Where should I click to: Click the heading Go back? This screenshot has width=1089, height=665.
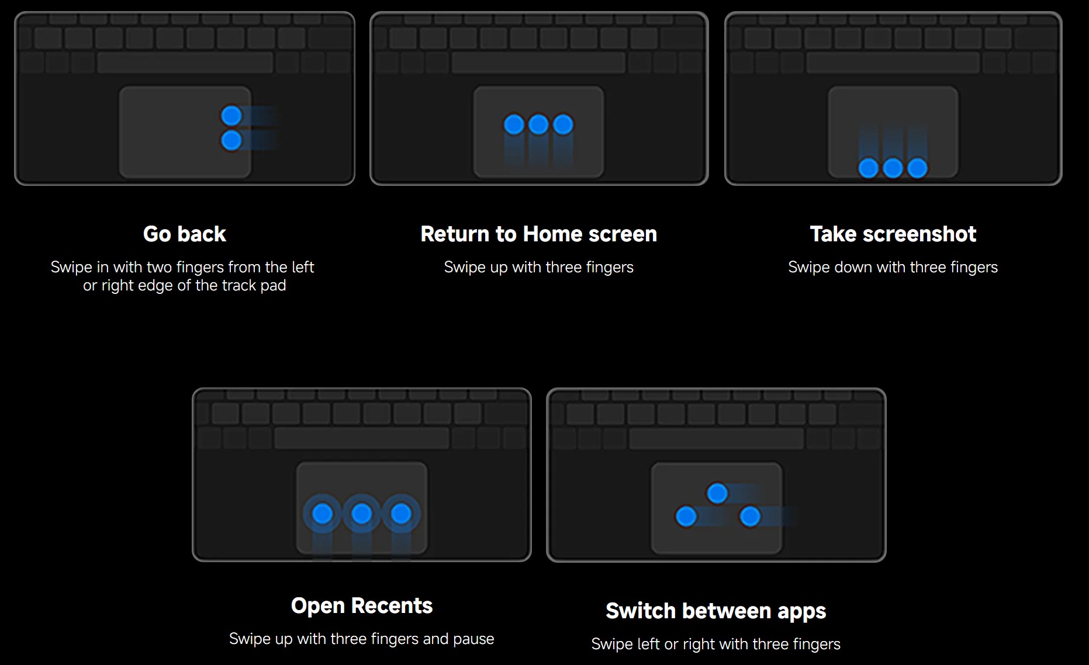tap(185, 234)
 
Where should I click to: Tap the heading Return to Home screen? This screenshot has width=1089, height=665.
tap(539, 234)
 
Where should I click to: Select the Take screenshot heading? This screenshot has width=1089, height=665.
tap(893, 234)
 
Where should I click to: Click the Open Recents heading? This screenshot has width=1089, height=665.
tap(362, 606)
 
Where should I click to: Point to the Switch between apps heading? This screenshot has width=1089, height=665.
tap(716, 611)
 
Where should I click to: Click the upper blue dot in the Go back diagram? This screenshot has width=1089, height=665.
tap(231, 116)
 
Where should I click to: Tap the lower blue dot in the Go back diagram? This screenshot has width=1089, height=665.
tap(231, 140)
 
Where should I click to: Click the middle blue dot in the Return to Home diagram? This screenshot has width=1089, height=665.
tap(538, 124)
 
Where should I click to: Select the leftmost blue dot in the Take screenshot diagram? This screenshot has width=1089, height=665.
tap(869, 168)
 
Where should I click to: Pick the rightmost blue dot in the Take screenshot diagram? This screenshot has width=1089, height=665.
tap(918, 168)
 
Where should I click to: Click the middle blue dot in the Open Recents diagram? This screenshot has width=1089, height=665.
tap(362, 514)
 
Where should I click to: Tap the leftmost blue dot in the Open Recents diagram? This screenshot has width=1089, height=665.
tap(323, 514)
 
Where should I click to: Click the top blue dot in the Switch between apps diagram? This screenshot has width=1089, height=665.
tap(717, 493)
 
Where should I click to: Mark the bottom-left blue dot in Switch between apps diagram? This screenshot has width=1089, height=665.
tap(686, 517)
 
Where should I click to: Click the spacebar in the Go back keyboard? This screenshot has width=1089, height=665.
tap(185, 62)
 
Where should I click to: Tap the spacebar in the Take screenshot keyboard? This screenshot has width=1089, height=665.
tap(893, 62)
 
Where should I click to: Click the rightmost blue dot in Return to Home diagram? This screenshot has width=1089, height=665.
tap(563, 124)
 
